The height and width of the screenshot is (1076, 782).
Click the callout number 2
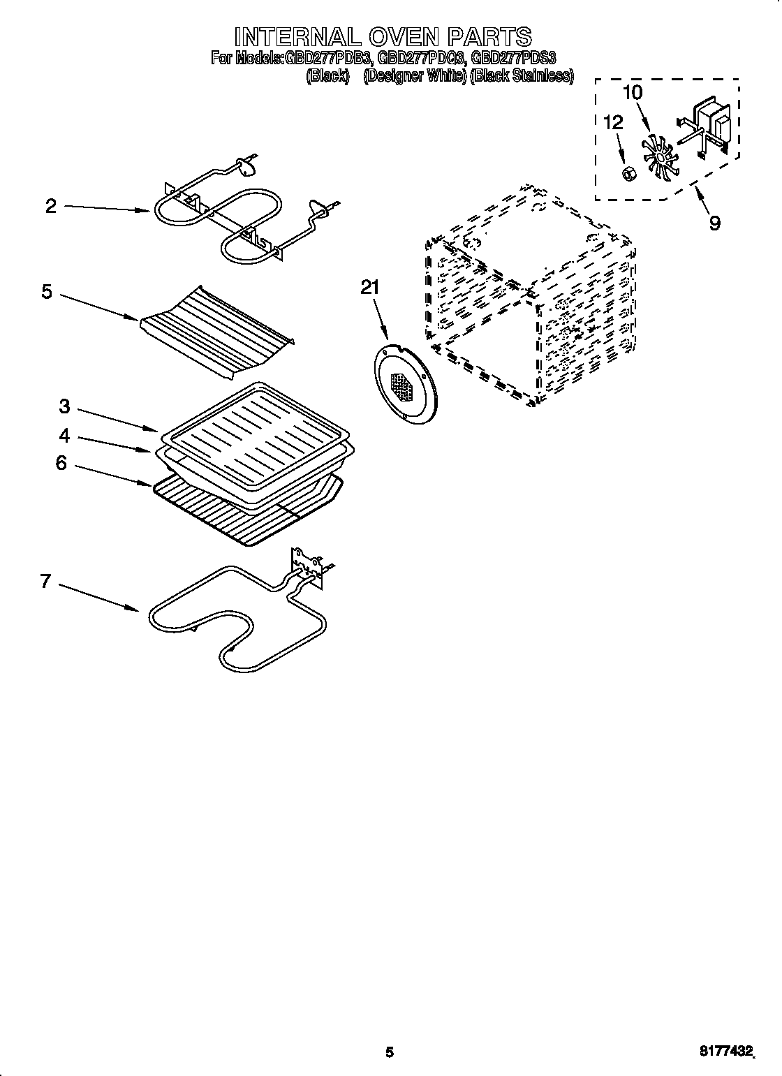coord(50,206)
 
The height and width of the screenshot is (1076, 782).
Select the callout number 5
coord(46,291)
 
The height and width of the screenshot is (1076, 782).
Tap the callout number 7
coord(45,581)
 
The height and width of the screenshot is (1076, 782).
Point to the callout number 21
coord(370,287)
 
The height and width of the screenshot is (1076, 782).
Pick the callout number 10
coord(633,92)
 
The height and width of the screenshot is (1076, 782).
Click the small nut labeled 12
coord(627,171)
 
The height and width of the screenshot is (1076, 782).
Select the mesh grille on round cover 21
coord(403,385)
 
